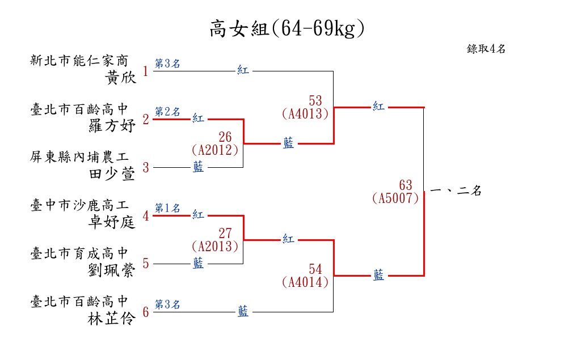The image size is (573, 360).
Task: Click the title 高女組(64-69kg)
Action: (x=287, y=28)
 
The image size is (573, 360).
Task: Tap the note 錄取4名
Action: (x=486, y=49)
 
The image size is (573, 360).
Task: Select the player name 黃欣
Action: (x=121, y=78)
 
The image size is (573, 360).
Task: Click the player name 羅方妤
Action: (x=112, y=126)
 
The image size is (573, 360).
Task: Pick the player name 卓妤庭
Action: (x=112, y=222)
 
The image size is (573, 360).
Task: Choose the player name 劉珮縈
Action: (x=112, y=270)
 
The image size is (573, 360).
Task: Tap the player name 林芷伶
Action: (x=112, y=319)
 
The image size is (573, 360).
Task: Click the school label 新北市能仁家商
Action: (x=79, y=61)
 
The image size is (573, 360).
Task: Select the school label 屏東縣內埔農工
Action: (x=79, y=157)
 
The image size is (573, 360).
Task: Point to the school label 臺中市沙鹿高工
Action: (x=79, y=205)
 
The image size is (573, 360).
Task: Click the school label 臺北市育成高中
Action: (x=79, y=253)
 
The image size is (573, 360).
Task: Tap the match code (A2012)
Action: (x=215, y=150)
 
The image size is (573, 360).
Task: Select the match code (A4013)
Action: (x=305, y=114)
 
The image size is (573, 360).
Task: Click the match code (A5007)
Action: (x=395, y=198)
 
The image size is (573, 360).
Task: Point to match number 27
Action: (x=225, y=234)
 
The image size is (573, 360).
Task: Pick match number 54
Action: (x=315, y=269)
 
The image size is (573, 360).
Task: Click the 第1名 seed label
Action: (x=167, y=208)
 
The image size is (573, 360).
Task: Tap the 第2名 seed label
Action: (x=167, y=112)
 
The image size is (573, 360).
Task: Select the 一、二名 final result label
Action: (x=456, y=190)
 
